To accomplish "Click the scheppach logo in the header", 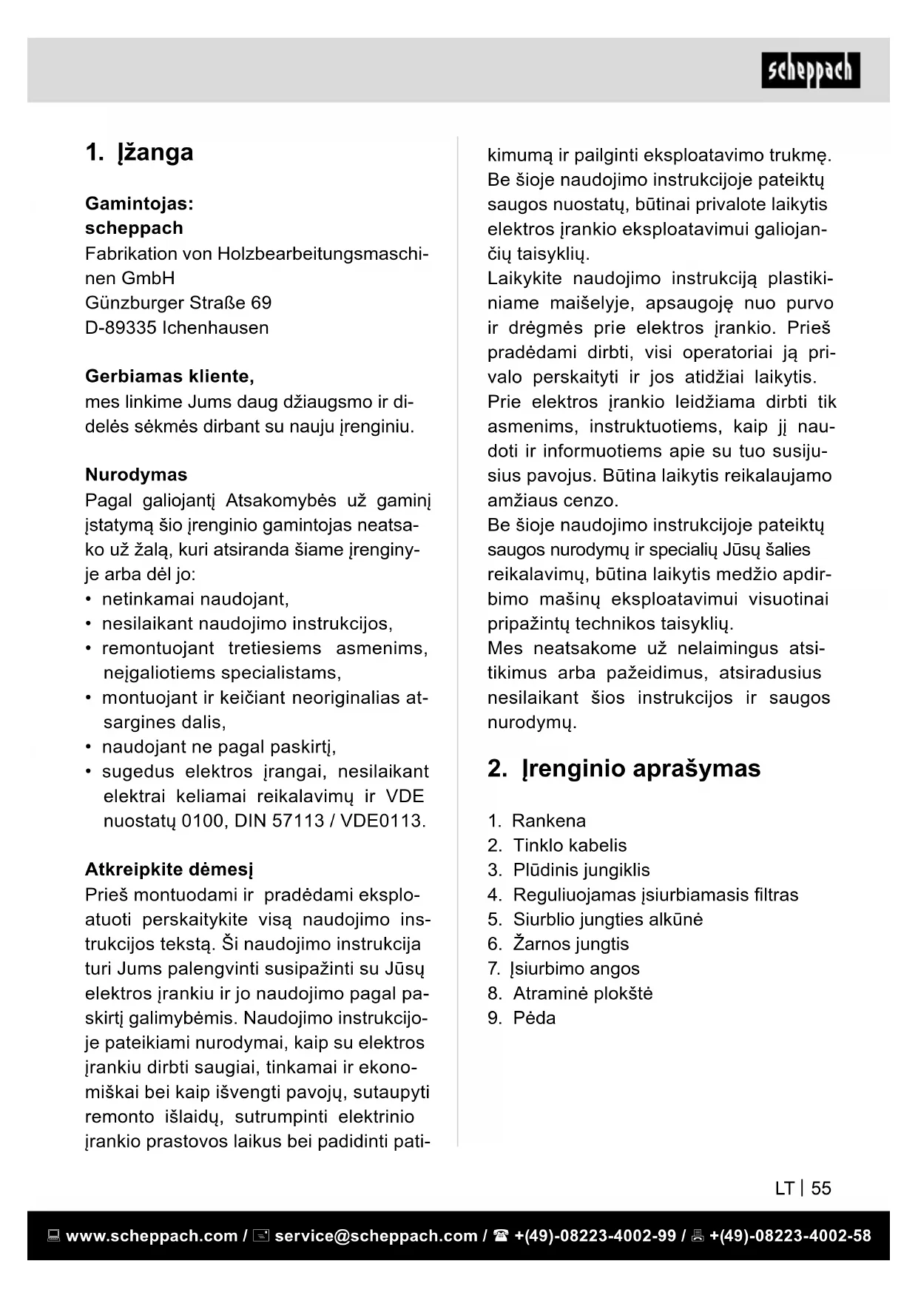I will click(811, 71).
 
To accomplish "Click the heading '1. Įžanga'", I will click(139, 152).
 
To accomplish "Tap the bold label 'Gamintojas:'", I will click(139, 204).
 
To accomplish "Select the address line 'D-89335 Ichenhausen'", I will click(177, 328).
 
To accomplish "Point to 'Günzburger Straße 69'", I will click(178, 303).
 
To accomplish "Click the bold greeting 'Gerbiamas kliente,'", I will click(169, 377).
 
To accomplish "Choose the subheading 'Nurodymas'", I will click(136, 475).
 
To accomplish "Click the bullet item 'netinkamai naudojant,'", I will click(195, 599).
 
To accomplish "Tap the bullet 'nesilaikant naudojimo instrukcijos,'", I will click(247, 624).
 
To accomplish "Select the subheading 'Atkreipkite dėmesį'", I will click(169, 870).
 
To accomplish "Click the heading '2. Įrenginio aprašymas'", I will click(624, 769).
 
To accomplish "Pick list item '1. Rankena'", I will click(537, 821).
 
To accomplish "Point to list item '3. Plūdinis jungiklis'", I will click(569, 870).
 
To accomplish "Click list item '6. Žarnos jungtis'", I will click(558, 944).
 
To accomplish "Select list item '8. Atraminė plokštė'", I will click(570, 993).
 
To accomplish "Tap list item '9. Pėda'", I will click(522, 1018).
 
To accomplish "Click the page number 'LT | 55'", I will click(803, 1188).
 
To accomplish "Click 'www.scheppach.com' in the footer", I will click(152, 1236).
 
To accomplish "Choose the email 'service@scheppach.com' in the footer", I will click(376, 1236).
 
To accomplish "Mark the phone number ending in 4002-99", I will click(595, 1236).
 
